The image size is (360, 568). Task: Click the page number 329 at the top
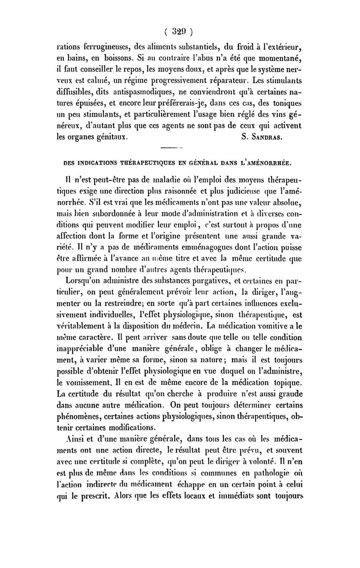[179, 32]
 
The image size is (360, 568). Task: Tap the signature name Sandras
[264, 134]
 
